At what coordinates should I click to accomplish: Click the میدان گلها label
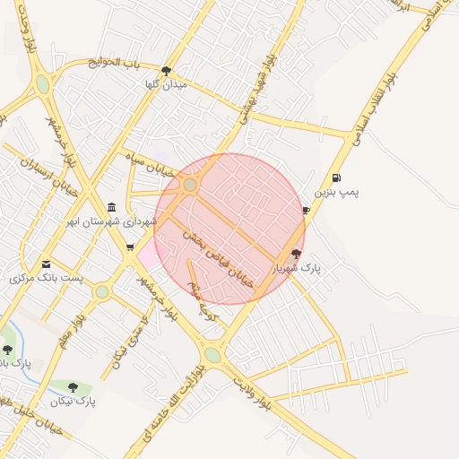point(165,84)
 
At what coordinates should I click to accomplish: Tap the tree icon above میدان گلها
point(166,71)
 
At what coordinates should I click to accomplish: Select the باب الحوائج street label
point(115,62)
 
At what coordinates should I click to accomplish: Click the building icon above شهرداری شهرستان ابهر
point(111,207)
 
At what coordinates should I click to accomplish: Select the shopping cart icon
point(131,247)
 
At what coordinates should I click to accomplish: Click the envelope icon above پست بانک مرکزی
point(46,264)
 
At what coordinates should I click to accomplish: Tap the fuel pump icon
point(336,178)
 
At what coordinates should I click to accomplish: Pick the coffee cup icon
point(306,211)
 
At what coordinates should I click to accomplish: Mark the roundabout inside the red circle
point(190,185)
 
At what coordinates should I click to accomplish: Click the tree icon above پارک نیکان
point(74,388)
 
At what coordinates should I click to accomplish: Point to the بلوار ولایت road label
point(252,393)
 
